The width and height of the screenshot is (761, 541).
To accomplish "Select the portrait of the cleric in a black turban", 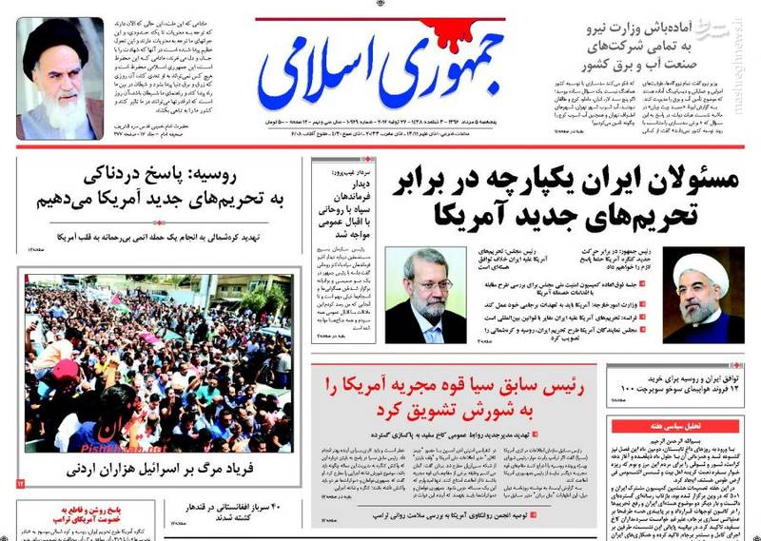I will [60, 79].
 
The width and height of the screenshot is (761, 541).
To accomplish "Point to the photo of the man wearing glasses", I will [426, 296].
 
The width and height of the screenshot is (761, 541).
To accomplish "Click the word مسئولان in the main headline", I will [686, 181].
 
